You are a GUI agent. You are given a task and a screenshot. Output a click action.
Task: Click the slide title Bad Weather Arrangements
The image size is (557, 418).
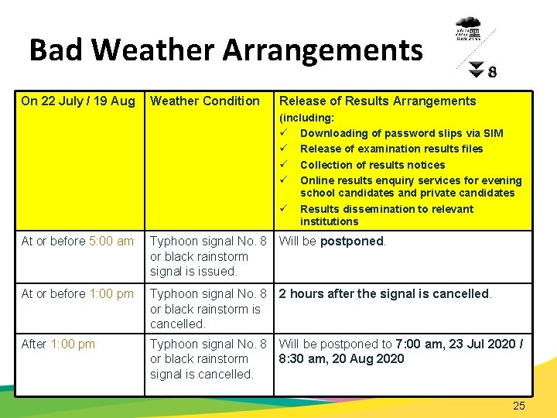coord(226,50)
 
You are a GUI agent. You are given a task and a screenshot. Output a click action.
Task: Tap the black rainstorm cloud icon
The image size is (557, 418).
coord(468,30)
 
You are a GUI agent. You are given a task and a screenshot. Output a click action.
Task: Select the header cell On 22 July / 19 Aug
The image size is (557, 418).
coord(78,101)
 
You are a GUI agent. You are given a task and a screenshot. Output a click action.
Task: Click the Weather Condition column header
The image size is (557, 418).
coord(205,101)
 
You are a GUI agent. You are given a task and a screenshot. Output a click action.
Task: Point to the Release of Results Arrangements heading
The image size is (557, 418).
coord(378,101)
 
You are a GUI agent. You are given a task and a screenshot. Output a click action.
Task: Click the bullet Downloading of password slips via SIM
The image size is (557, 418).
coord(401,133)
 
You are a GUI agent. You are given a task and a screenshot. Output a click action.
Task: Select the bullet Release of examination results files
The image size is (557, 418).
coord(391,149)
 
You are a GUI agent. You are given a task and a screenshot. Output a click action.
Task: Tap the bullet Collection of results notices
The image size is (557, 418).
coord(372,165)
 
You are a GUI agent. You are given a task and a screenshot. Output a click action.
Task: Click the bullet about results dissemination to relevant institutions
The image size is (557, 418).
coord(386,215)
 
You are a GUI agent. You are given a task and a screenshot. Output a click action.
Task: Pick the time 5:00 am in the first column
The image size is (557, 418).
coord(111,241)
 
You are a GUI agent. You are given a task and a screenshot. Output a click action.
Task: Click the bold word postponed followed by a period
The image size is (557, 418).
coord(352,241)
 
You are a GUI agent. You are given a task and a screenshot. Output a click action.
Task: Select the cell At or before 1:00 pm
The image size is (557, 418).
coord(77,293)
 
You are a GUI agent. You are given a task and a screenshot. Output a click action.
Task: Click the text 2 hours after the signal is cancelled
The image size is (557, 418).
coord(384,293)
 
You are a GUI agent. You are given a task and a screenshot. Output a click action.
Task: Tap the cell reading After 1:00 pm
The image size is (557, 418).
coord(58,344)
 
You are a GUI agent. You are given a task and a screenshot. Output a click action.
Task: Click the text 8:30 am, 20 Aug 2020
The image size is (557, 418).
coord(341,358)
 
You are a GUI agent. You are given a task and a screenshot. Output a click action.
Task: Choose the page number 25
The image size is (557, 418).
coord(518,406)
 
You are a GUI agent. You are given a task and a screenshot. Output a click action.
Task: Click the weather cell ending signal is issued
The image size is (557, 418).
coord(208,256)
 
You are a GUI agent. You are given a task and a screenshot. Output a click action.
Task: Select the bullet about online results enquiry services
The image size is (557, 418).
coord(410,187)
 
